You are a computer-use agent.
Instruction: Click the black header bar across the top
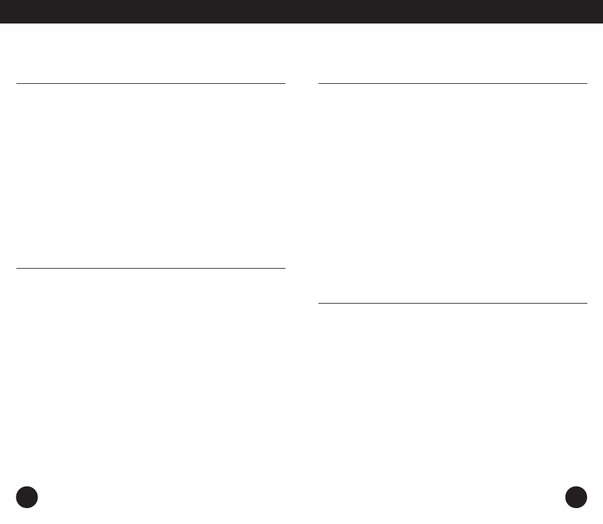(x=301, y=11)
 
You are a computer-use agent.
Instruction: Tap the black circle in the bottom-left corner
(x=27, y=497)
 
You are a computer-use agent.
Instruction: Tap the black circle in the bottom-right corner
(x=576, y=497)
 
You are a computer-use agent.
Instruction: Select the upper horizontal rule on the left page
(x=150, y=83)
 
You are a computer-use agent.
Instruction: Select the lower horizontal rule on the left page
(x=150, y=268)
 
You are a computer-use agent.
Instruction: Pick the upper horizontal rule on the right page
(x=452, y=83)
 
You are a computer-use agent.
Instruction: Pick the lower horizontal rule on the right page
(x=452, y=303)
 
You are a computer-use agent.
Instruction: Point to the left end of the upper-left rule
(x=17, y=83)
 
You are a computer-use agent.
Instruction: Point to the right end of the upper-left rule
(x=285, y=83)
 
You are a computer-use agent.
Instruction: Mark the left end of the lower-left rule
(x=17, y=268)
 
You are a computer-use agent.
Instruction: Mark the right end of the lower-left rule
(x=285, y=268)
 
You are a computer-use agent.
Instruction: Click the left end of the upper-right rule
(x=318, y=83)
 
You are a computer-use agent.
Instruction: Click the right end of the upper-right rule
(x=586, y=83)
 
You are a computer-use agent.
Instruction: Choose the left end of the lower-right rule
(x=318, y=303)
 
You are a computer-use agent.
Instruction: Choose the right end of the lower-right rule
(x=586, y=303)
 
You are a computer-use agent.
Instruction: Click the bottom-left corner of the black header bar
(x=1, y=23)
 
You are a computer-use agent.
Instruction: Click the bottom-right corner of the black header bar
(x=602, y=23)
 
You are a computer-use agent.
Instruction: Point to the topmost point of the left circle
(x=27, y=486)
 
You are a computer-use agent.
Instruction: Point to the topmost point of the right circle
(x=576, y=486)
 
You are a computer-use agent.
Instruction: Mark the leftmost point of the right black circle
(x=566, y=497)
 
